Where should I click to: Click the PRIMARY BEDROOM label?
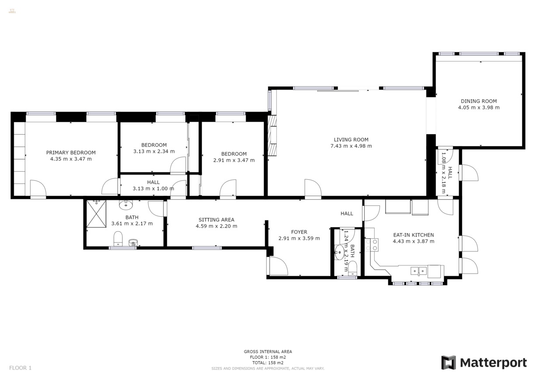[x=71, y=153]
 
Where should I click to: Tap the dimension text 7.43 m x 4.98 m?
[x=351, y=146]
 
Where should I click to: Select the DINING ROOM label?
[x=479, y=101]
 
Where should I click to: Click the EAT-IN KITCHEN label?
[x=413, y=235]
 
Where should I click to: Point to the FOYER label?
[x=299, y=232]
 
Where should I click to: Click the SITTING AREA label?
[x=216, y=220]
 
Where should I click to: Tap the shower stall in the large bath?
[x=96, y=214]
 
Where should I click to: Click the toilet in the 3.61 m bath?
[x=118, y=239]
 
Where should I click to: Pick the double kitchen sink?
[x=418, y=271]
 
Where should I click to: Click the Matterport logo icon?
[x=448, y=362]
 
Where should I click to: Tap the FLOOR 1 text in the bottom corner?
[x=21, y=368]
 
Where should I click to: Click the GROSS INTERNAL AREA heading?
[x=268, y=351]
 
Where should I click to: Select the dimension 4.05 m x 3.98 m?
[x=479, y=108]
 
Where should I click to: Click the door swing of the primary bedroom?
[x=38, y=189]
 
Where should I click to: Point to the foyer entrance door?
[x=278, y=266]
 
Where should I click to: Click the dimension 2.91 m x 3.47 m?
[x=234, y=160]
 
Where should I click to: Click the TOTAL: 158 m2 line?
[x=268, y=362]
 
